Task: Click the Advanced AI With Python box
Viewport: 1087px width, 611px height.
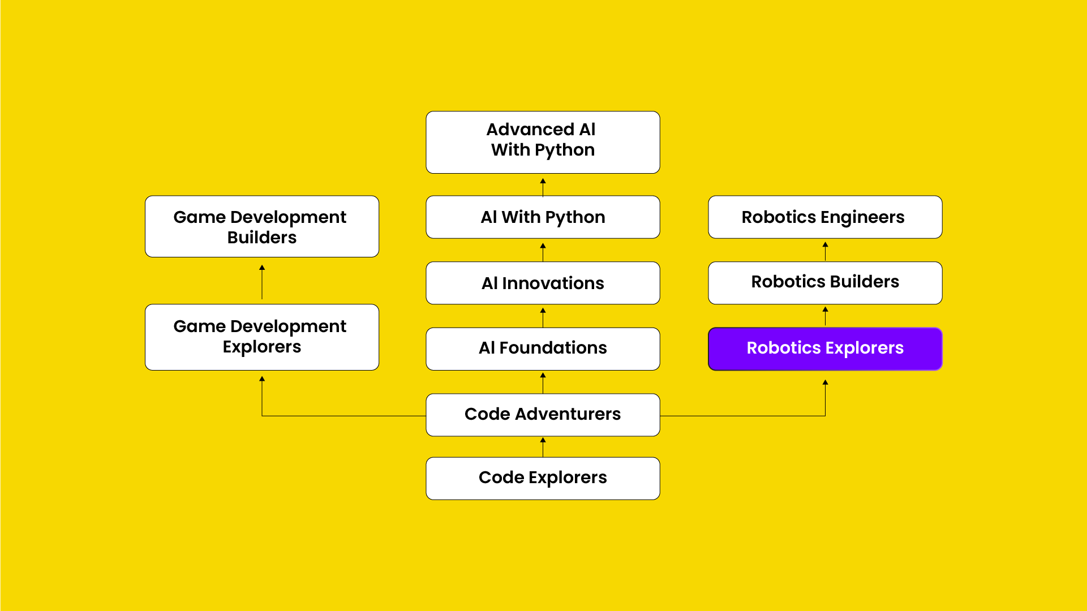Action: [543, 142]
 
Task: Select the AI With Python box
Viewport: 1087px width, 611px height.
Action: [543, 217]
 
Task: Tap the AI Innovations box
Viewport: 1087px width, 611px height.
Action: [543, 283]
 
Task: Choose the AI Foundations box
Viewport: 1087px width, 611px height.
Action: [543, 348]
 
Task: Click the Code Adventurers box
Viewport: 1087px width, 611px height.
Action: [543, 415]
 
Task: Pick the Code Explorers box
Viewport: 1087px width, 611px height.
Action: [543, 478]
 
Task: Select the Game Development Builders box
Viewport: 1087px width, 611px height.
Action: [262, 226]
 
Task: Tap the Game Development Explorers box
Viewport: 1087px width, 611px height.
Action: [262, 337]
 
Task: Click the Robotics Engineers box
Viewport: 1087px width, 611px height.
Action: [825, 217]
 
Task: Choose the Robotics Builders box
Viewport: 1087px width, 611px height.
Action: [825, 282]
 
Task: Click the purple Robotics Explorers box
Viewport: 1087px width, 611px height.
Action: [825, 348]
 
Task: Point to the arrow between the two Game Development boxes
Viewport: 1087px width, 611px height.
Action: [262, 282]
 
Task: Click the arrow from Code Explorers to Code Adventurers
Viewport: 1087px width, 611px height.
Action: [543, 447]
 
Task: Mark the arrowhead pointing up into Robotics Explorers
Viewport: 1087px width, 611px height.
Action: [825, 383]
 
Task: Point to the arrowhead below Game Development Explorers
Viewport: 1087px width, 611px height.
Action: [262, 379]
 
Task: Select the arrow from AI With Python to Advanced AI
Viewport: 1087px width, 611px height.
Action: [543, 187]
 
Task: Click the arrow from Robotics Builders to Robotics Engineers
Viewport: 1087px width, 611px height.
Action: [825, 251]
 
